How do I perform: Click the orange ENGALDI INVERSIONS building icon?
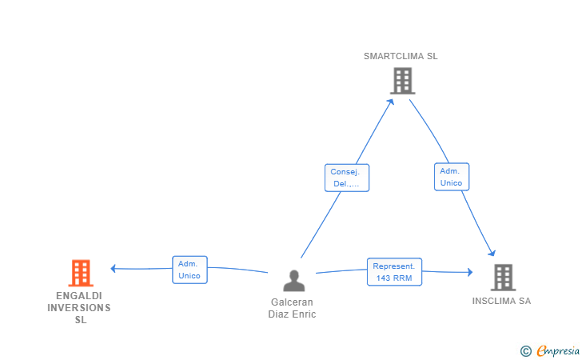click(x=81, y=273)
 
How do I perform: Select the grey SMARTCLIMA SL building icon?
click(x=402, y=81)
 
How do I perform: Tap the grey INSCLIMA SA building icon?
click(x=503, y=277)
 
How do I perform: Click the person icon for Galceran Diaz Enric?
click(x=294, y=281)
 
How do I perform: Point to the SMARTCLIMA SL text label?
click(x=401, y=56)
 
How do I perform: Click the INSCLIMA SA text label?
click(x=501, y=301)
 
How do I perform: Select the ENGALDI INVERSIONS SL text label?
click(x=79, y=308)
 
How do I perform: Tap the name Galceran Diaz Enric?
click(x=292, y=308)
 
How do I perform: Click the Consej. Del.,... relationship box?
click(x=347, y=178)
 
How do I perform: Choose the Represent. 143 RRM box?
click(x=394, y=272)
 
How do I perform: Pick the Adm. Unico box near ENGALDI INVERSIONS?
click(x=189, y=270)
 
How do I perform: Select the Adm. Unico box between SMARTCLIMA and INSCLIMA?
click(x=452, y=177)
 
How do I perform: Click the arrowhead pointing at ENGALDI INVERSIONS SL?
click(x=114, y=268)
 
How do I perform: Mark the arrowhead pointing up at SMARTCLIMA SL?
click(x=390, y=102)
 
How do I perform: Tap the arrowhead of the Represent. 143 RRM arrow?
click(x=470, y=272)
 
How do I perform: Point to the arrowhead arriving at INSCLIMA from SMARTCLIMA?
click(x=492, y=254)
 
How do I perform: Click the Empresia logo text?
click(x=558, y=350)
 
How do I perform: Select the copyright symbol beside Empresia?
click(x=526, y=351)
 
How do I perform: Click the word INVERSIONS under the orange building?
click(x=79, y=308)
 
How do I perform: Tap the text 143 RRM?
click(x=394, y=278)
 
